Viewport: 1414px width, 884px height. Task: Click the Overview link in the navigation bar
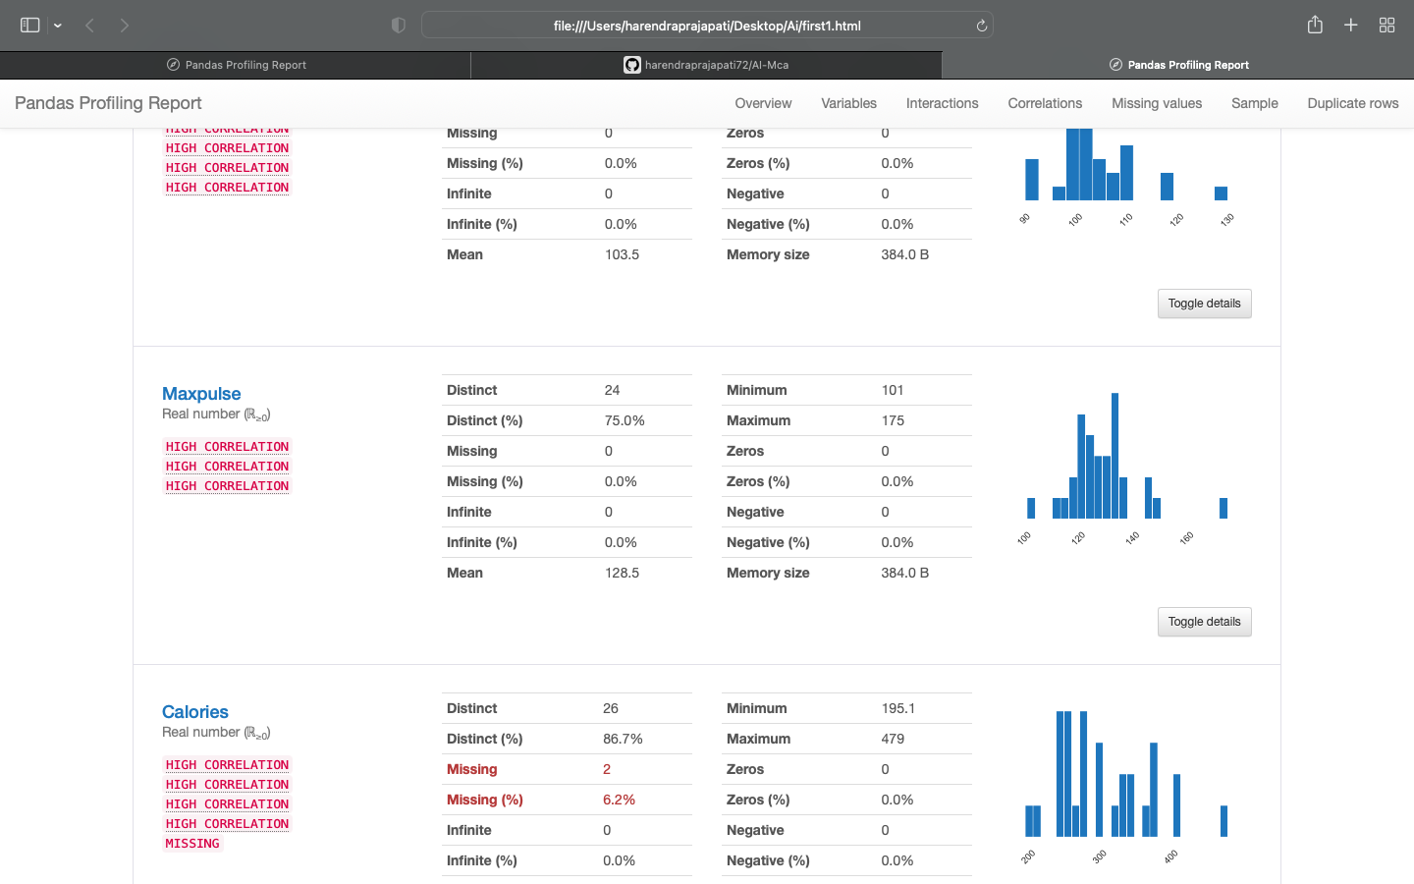[763, 103]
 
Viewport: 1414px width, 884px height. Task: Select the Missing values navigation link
[1156, 103]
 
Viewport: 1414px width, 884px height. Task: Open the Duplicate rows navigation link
[1352, 103]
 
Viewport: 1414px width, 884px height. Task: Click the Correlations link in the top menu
[1044, 103]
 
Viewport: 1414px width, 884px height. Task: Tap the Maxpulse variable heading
[201, 394]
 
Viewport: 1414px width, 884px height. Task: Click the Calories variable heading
[195, 712]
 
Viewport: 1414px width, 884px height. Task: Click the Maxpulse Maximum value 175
[893, 420]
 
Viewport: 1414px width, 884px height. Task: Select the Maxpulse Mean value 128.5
[622, 573]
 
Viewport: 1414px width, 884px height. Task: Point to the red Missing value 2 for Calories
[607, 769]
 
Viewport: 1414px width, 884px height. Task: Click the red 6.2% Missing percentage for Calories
[619, 800]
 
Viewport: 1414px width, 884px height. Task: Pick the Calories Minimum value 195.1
[897, 708]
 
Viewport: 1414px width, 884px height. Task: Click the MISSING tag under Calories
[192, 844]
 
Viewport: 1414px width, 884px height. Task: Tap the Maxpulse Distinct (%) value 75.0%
[625, 420]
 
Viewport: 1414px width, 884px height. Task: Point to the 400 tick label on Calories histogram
[1170, 856]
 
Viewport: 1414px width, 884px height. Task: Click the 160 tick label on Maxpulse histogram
[1186, 538]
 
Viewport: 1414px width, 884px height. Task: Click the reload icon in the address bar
[981, 26]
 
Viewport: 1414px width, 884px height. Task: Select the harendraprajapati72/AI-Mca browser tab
[707, 65]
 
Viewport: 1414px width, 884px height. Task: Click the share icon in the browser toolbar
[1315, 26]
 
